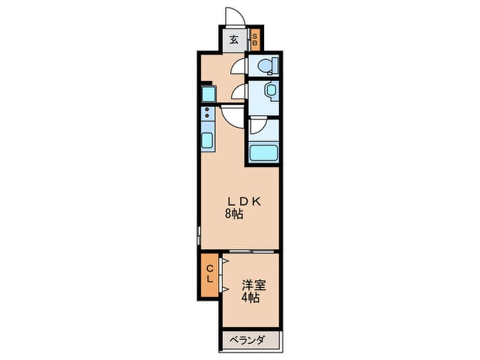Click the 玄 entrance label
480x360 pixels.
pos(233,40)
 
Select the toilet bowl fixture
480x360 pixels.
pos(266,67)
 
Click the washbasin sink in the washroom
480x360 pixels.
pos(270,90)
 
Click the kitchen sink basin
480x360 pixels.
pos(207,139)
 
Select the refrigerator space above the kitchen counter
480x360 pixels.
pos(208,93)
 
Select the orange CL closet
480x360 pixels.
pos(209,274)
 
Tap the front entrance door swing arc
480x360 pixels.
pos(235,16)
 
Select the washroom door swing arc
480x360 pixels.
pos(238,91)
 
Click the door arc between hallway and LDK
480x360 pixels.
pos(233,116)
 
